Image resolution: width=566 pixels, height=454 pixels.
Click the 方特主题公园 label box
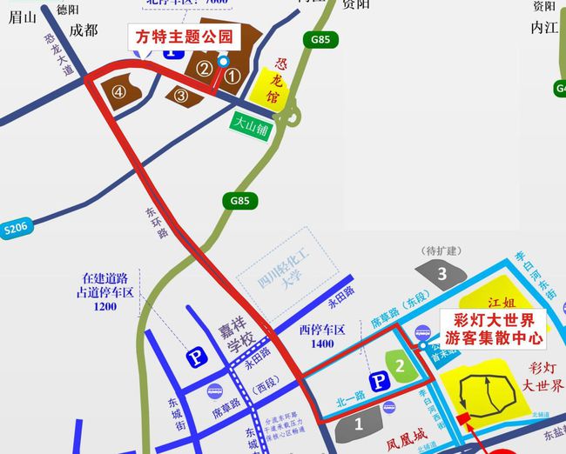point(185,37)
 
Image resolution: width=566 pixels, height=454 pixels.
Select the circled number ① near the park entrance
point(232,76)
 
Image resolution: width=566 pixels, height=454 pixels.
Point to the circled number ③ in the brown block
point(181,96)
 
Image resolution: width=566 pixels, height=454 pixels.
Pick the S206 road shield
point(15,228)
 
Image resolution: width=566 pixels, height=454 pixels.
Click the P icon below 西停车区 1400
point(380,382)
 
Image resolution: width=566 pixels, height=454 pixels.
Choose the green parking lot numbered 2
point(400,366)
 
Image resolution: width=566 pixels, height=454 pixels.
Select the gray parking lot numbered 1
point(358,424)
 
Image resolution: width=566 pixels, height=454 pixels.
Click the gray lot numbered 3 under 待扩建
point(441,275)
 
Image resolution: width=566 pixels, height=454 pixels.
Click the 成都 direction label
point(84,30)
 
